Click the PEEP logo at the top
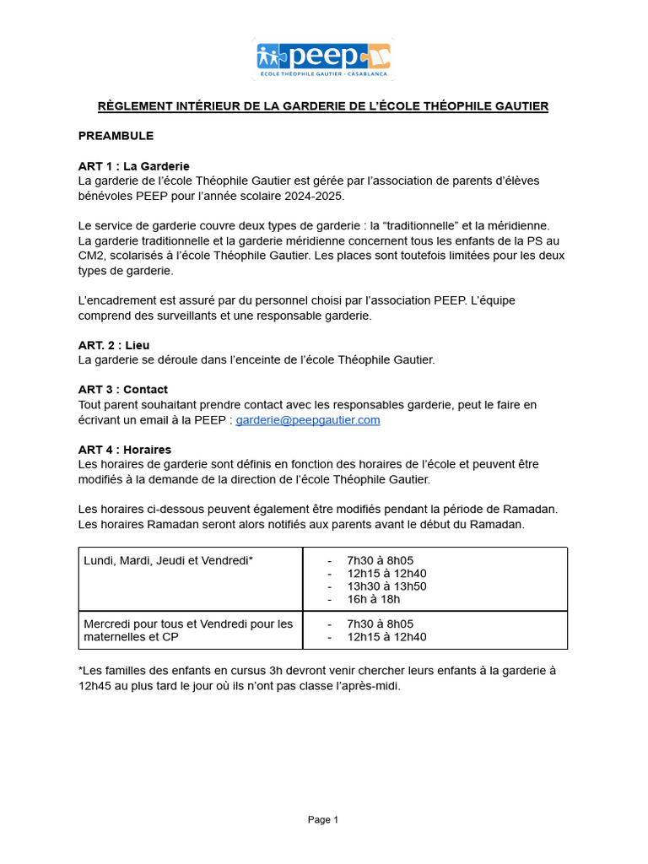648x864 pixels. pos(324,58)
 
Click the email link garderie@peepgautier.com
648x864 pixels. pos(308,419)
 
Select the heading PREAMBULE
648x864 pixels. pos(116,135)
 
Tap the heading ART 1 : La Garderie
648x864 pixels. pos(133,165)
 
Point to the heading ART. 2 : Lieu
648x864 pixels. pos(114,345)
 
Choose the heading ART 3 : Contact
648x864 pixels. pos(122,389)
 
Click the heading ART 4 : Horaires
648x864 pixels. pos(125,449)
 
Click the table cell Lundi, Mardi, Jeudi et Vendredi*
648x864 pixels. pos(169,560)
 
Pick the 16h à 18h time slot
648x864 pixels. pos(373,599)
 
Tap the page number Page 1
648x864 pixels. pos(323,819)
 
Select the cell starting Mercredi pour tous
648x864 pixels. pos(188,630)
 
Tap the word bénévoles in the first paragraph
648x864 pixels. pos(106,196)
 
